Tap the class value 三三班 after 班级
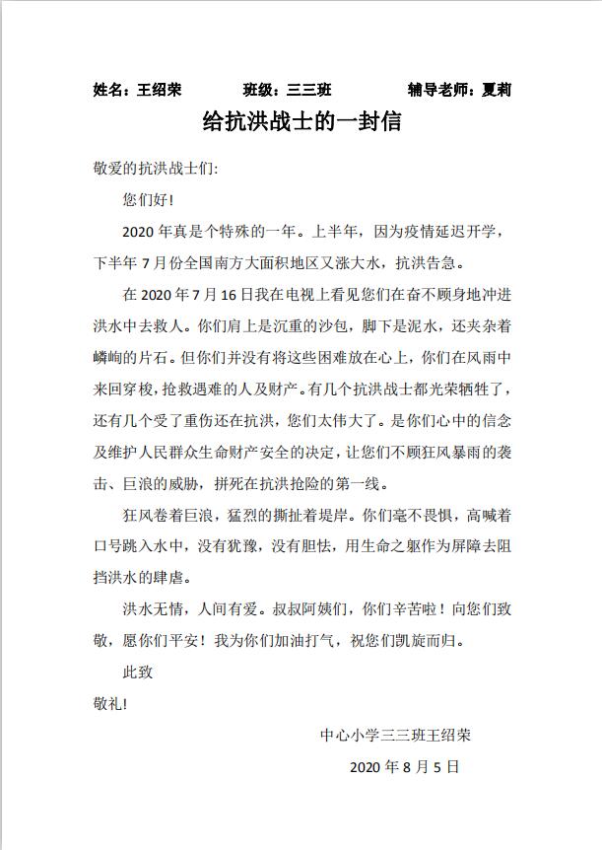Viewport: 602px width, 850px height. (x=308, y=90)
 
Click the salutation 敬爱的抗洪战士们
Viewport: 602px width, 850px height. (x=152, y=168)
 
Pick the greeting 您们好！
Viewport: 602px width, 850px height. (x=148, y=201)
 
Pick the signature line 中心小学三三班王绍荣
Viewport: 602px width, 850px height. (x=395, y=735)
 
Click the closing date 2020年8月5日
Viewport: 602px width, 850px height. (x=404, y=766)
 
